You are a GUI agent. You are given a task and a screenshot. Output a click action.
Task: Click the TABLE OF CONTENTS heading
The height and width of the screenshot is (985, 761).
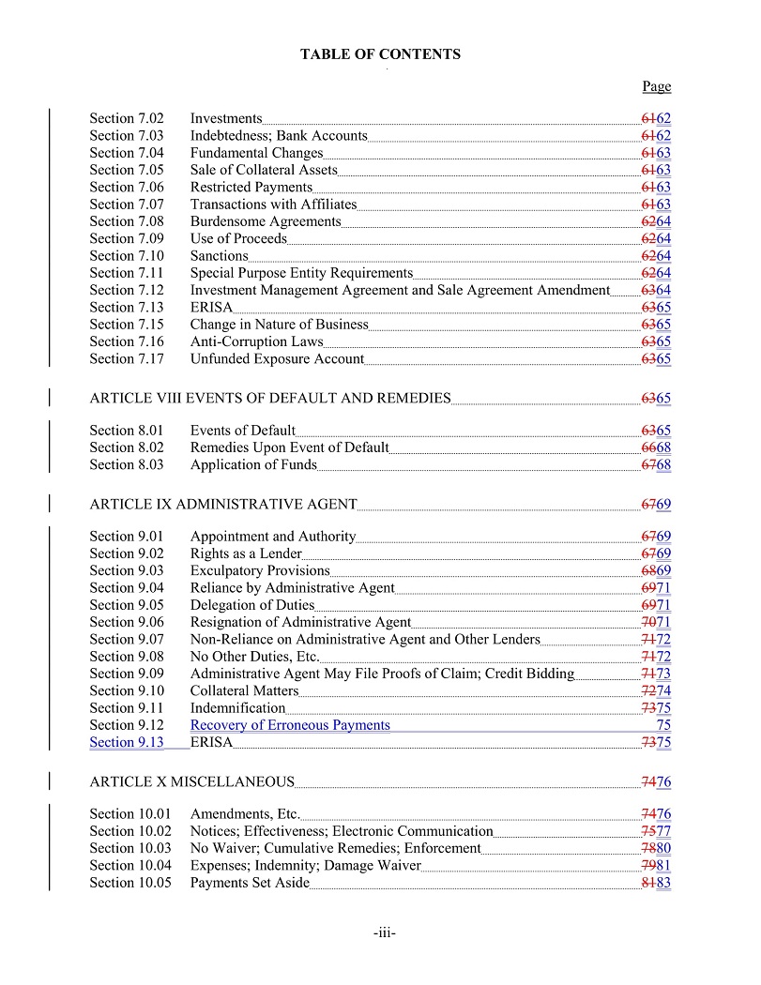pos(380,54)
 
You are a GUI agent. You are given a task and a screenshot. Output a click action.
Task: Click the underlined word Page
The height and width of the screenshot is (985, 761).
pos(657,86)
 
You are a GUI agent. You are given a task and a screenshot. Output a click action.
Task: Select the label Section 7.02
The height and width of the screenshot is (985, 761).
pos(127,118)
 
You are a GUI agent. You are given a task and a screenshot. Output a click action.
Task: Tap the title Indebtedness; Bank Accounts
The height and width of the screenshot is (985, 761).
pos(279,135)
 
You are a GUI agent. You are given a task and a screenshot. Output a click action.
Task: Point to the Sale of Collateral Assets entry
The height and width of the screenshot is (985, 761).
pos(264,170)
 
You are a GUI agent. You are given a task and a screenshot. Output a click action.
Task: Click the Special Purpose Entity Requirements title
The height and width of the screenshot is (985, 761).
pos(301,273)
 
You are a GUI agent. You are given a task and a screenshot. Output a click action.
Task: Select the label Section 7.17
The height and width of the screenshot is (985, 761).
pos(127,358)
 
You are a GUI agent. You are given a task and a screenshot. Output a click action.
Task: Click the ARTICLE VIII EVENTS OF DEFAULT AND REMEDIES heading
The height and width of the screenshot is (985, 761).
pos(270,398)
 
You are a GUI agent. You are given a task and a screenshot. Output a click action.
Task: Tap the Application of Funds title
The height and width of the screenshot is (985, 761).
pos(253,464)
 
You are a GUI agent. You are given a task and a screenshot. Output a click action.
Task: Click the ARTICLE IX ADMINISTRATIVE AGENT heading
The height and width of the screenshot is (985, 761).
pos(223,504)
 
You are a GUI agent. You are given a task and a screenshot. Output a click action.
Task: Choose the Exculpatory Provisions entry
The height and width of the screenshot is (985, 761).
pos(260,570)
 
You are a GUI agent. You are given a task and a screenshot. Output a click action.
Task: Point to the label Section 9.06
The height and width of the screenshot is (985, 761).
pos(127,622)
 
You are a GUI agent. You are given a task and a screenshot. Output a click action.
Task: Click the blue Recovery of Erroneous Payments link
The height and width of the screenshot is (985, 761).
pos(290,725)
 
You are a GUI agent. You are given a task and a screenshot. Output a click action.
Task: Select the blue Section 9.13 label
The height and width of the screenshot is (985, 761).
pos(127,742)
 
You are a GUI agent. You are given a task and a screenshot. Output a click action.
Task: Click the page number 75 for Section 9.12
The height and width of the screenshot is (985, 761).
pos(663,725)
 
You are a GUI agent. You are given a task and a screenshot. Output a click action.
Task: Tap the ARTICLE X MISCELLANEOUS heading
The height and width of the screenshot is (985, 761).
pos(192,781)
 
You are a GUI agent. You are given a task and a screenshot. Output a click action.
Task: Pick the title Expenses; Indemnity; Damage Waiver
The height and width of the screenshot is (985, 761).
pos(306,865)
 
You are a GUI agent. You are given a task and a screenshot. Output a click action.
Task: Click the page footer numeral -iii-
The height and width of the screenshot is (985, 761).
pos(385,933)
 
